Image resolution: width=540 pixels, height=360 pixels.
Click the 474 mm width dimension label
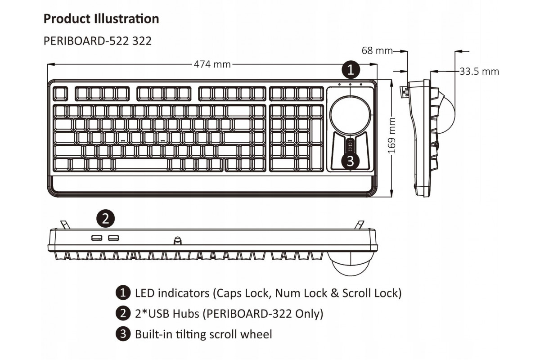(212, 64)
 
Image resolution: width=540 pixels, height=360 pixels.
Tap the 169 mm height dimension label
(392, 135)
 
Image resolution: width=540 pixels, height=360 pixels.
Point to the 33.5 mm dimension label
(479, 71)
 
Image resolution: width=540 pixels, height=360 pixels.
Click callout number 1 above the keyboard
(351, 70)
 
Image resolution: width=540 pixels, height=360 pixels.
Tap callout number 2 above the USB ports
(105, 219)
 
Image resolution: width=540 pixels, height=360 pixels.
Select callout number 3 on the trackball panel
(351, 160)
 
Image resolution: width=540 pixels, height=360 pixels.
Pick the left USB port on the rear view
(97, 237)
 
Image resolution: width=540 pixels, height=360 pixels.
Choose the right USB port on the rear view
(113, 237)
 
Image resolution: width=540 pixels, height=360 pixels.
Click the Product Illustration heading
(101, 19)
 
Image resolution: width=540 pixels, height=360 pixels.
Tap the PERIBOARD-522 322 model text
(97, 41)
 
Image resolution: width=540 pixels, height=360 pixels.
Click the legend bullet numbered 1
(122, 293)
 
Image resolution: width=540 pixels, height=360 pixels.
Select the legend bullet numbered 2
(122, 314)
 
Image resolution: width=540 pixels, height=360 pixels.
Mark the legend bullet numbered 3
(122, 334)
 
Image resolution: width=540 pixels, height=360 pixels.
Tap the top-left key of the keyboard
(59, 94)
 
